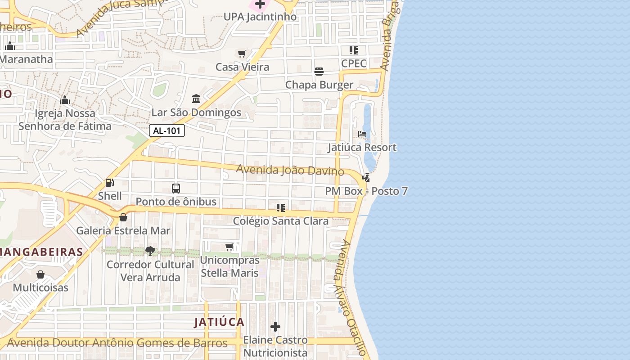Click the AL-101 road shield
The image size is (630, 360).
point(167,131)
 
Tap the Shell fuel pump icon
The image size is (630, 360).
point(109,183)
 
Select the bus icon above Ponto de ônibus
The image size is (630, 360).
point(176,189)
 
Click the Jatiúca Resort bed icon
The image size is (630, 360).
point(362,134)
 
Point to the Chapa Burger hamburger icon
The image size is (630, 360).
point(319,72)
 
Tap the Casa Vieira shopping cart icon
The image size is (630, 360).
point(242,54)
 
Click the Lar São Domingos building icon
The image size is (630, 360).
point(196,99)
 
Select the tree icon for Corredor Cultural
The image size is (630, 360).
point(150,251)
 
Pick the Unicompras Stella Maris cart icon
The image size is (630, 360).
point(229,247)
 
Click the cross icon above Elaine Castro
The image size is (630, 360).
point(275,327)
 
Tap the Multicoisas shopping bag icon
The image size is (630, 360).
point(40,274)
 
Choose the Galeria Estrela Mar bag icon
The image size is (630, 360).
point(123,217)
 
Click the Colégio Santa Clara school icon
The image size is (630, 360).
point(281,207)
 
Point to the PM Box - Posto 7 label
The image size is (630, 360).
point(366,191)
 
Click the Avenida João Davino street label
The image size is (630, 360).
point(290,170)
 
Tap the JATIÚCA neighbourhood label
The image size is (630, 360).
point(219,322)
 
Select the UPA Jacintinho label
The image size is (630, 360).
point(260,17)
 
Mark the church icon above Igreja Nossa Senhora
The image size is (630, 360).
point(65,99)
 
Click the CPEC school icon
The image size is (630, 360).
point(354,50)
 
